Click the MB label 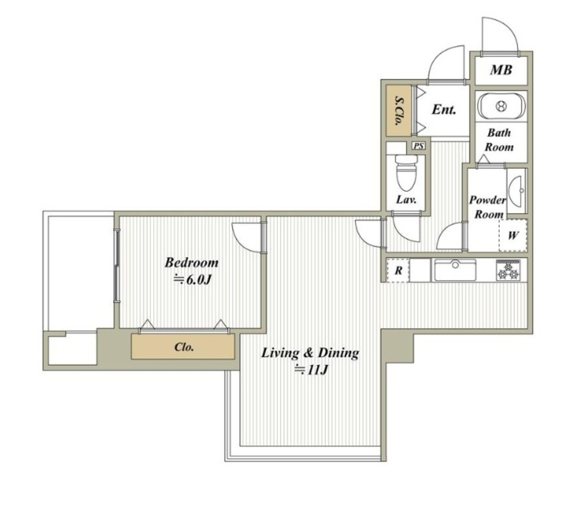coord(501,69)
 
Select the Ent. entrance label coord(444,109)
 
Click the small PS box coord(419,146)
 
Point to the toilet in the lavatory coord(406,173)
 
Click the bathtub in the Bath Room coord(501,106)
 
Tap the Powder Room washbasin coord(517,190)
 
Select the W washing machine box coord(513,235)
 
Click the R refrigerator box coord(398,270)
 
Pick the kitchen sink coord(455,270)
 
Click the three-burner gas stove coord(508,271)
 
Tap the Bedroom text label coord(192,262)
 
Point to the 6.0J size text coord(192,280)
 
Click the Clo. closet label coord(184,347)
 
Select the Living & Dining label coord(310,353)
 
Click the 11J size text coord(312,370)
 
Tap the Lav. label coord(406,199)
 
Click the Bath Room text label coord(500,140)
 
